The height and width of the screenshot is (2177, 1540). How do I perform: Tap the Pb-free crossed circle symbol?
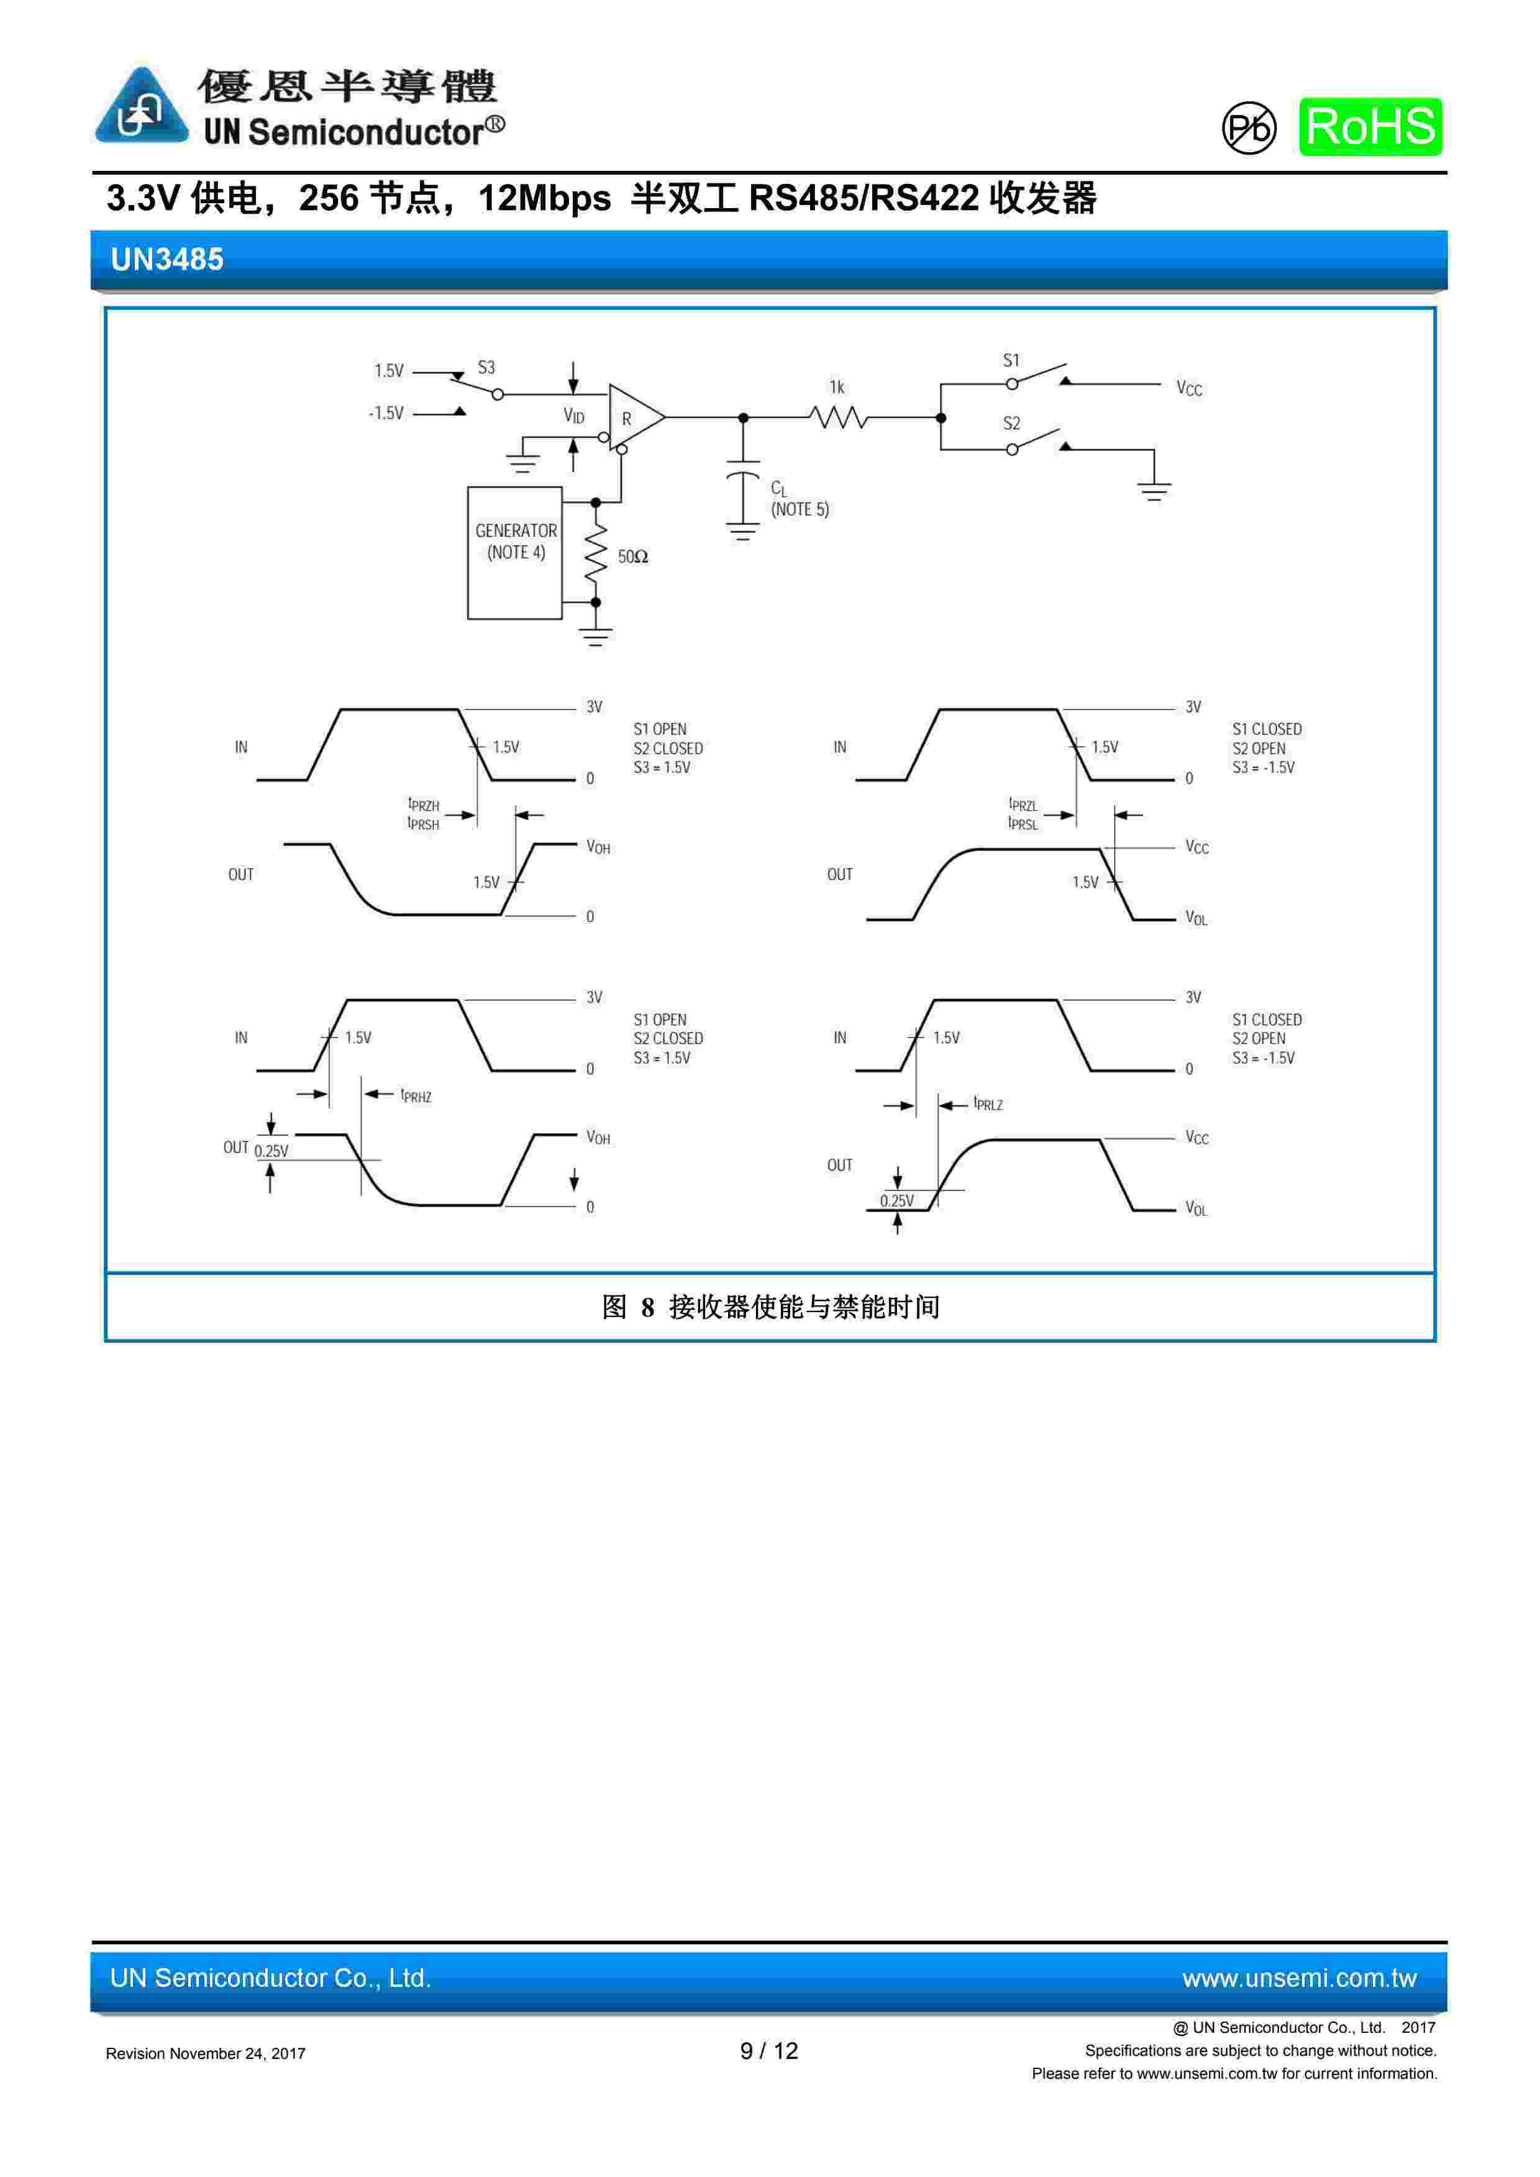point(1248,128)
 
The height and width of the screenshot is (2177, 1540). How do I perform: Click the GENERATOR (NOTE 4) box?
point(515,553)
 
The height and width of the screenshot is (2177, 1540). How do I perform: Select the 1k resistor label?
point(836,387)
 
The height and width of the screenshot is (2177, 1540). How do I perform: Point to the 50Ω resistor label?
point(632,557)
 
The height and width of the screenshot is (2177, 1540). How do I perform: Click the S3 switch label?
point(486,367)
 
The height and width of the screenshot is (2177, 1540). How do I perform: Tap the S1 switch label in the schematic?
point(1011,360)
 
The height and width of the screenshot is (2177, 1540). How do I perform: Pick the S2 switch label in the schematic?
point(1011,423)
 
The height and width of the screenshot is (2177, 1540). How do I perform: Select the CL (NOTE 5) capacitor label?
point(798,499)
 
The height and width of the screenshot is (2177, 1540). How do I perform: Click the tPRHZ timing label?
point(416,1096)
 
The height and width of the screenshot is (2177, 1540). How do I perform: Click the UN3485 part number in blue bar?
point(167,259)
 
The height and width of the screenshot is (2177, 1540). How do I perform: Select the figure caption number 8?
point(648,1308)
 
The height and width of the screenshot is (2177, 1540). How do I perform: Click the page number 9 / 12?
point(769,2051)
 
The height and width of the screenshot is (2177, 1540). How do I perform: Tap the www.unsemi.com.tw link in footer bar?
point(1298,1978)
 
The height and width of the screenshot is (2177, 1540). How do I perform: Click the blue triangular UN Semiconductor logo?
point(141,107)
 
